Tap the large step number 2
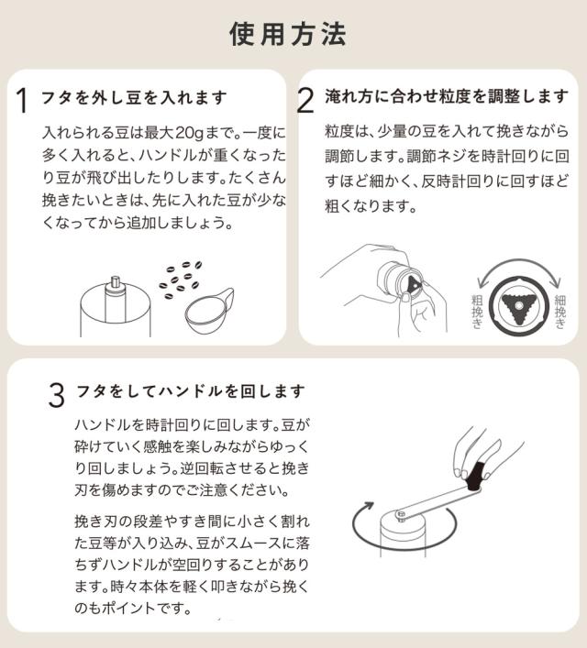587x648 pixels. (308, 101)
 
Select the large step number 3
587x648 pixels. (57, 396)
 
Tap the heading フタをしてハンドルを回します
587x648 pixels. (191, 391)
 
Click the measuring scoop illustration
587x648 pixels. (207, 311)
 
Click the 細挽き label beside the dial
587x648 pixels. (561, 313)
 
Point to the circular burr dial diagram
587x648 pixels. (518, 307)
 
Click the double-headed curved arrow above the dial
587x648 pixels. (518, 268)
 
